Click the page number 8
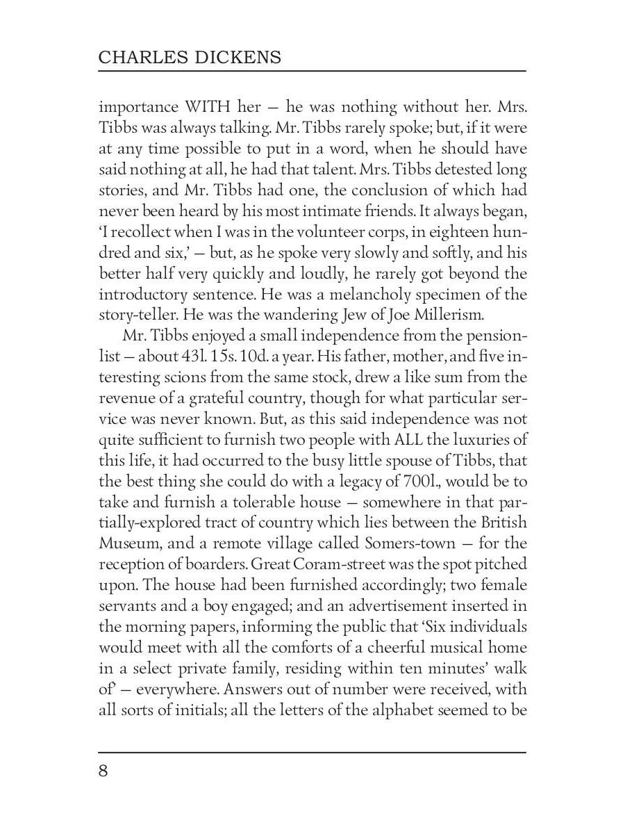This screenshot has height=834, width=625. [105, 773]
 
